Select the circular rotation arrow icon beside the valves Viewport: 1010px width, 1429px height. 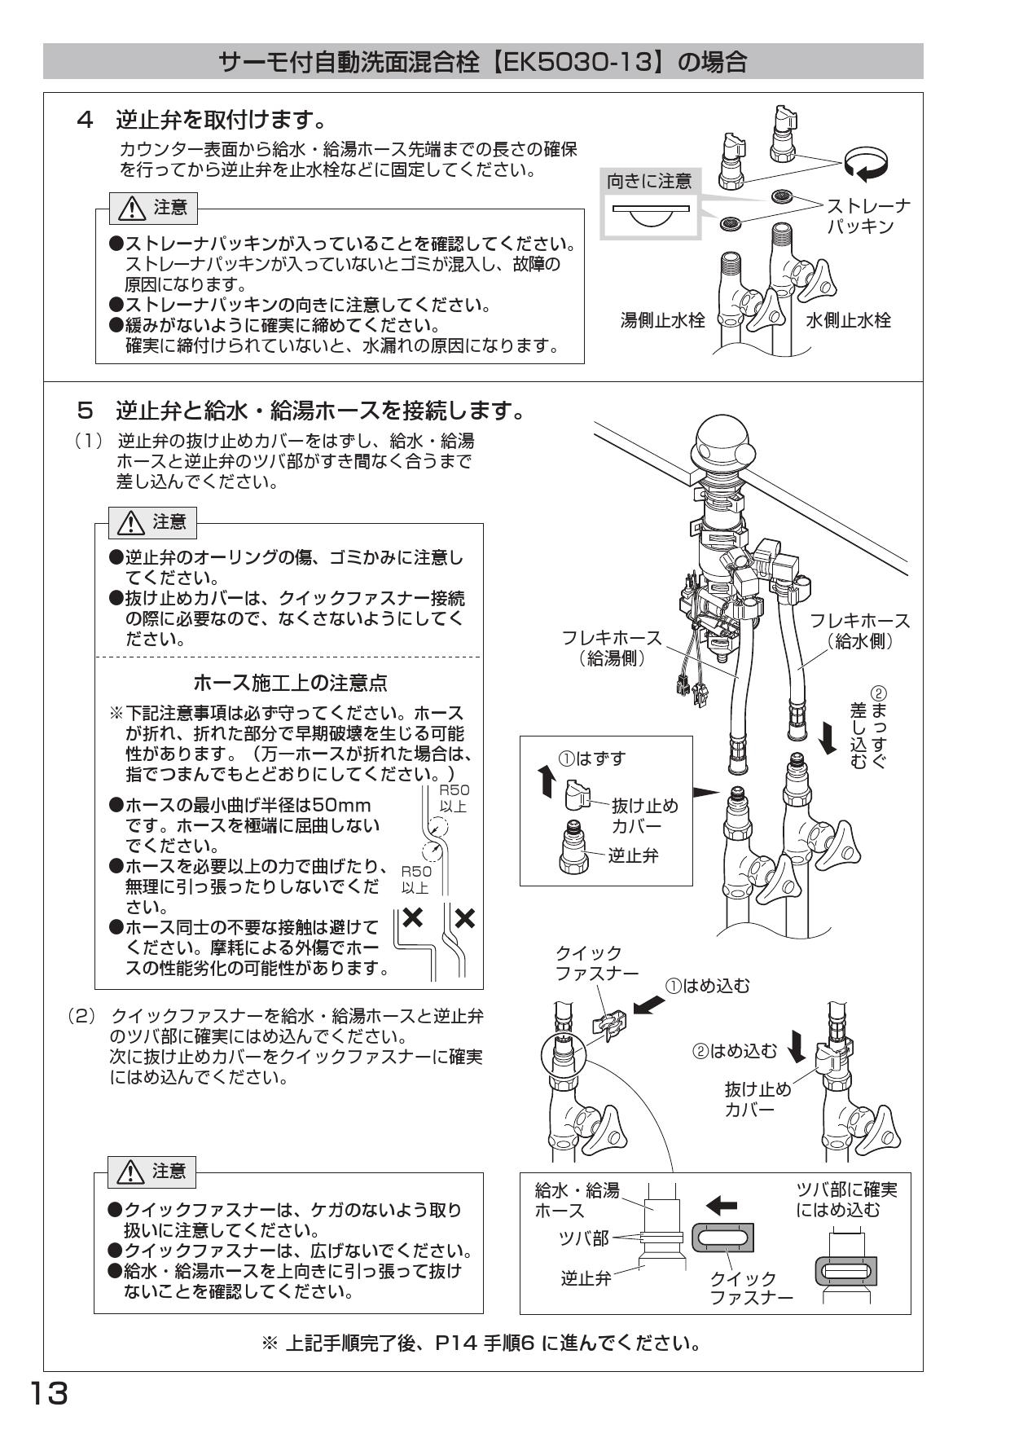pyautogui.click(x=866, y=162)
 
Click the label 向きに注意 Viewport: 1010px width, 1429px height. pyautogui.click(x=649, y=181)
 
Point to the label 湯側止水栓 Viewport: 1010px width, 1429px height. pyautogui.click(x=662, y=320)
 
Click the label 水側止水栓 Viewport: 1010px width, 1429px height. pyautogui.click(x=849, y=320)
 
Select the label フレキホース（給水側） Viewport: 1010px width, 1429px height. pyautogui.click(x=859, y=631)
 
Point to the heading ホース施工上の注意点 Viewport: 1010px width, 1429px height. pyautogui.click(x=290, y=681)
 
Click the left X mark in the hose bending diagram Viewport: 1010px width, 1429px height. pyautogui.click(x=413, y=917)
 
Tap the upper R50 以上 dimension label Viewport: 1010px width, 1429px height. pyautogui.click(x=454, y=798)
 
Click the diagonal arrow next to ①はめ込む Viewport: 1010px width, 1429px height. pyautogui.click(x=648, y=1005)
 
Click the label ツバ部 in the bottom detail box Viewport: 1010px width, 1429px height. pyautogui.click(x=583, y=1238)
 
